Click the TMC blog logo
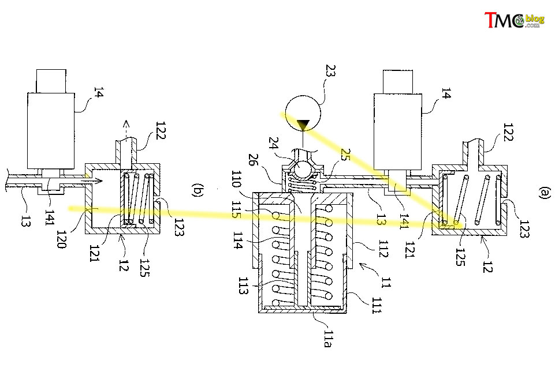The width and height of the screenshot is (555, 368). pyautogui.click(x=515, y=20)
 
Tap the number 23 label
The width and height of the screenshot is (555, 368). pyautogui.click(x=330, y=70)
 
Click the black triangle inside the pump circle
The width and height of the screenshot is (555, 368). pyautogui.click(x=303, y=125)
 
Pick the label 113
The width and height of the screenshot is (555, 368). pyautogui.click(x=243, y=286)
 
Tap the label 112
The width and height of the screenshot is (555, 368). pyautogui.click(x=383, y=249)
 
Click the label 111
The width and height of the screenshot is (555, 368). pyautogui.click(x=376, y=306)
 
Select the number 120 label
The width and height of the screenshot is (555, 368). pyautogui.click(x=62, y=239)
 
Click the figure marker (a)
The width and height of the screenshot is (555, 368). pyautogui.click(x=545, y=193)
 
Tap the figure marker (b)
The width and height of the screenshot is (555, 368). pyautogui.click(x=197, y=190)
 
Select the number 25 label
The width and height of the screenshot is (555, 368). pyautogui.click(x=345, y=155)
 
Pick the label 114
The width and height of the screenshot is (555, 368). pyautogui.click(x=238, y=241)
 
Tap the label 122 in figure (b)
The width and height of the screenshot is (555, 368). pyautogui.click(x=161, y=130)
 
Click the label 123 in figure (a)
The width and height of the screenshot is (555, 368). pyautogui.click(x=524, y=229)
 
